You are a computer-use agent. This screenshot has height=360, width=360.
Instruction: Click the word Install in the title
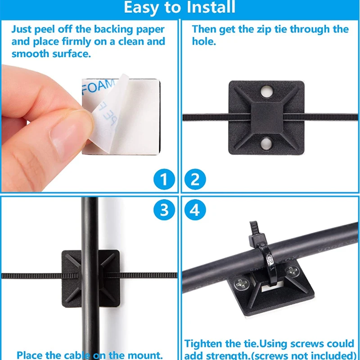pyautogui.click(x=207, y=8)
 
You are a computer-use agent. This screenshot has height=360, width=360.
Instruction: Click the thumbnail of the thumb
pyautogui.click(x=67, y=133)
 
